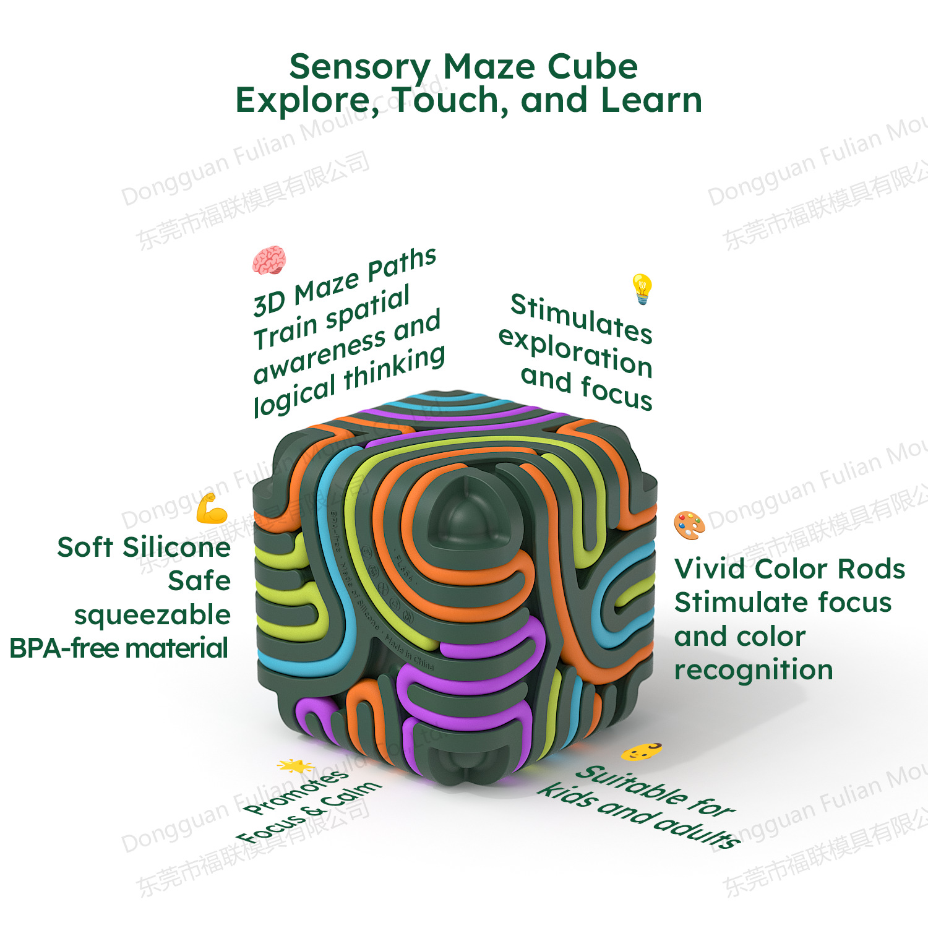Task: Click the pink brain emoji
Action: click(x=269, y=260)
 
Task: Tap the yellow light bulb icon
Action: click(x=642, y=289)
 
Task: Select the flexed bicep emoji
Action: click(x=212, y=509)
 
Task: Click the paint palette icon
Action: click(x=689, y=525)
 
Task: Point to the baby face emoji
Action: click(x=642, y=752)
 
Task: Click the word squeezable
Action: click(x=152, y=615)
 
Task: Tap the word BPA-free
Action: click(x=65, y=648)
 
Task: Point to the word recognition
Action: click(x=754, y=671)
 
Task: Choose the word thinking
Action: click(x=395, y=369)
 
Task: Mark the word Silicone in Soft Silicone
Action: click(x=176, y=548)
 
